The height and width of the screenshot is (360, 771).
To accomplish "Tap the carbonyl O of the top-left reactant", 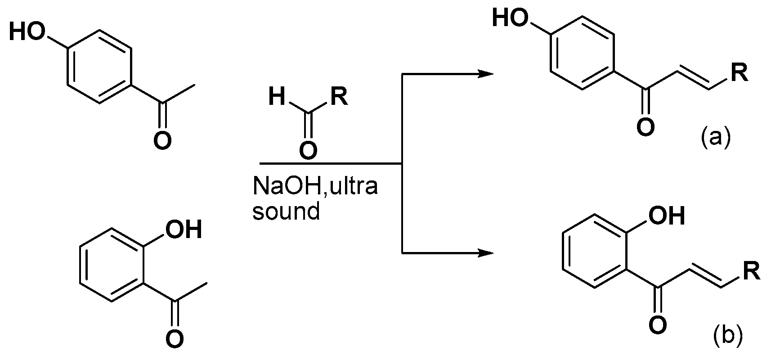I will click(x=162, y=140).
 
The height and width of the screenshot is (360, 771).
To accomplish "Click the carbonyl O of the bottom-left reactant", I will click(x=175, y=338).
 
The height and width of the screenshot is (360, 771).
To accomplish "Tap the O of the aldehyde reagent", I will click(x=308, y=151).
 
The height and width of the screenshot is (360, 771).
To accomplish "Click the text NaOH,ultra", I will click(x=314, y=186).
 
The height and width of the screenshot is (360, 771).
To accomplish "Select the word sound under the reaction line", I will click(x=286, y=211).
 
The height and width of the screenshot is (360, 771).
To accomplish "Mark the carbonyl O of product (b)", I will click(x=657, y=325).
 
